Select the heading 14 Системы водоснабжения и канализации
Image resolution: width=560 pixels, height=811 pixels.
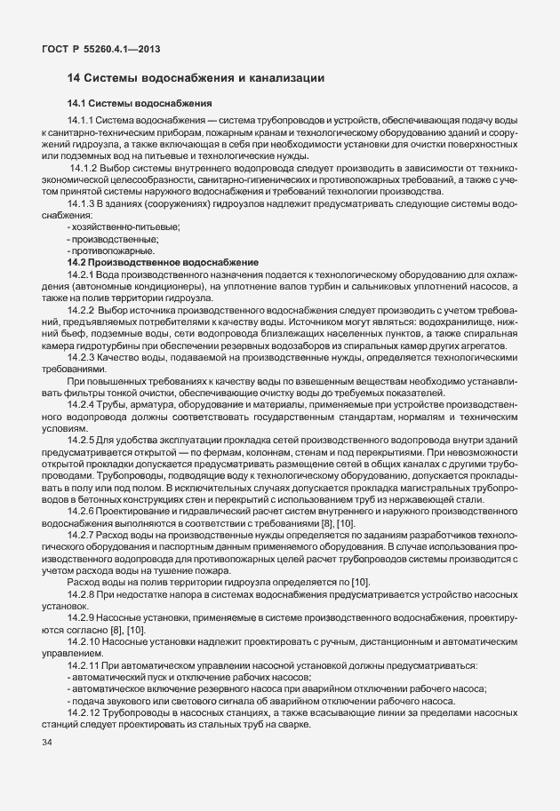[x=195, y=79]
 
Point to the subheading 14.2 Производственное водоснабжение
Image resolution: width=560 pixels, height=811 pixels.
[x=162, y=264]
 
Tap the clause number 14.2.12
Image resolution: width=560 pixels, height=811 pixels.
[x=83, y=712]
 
